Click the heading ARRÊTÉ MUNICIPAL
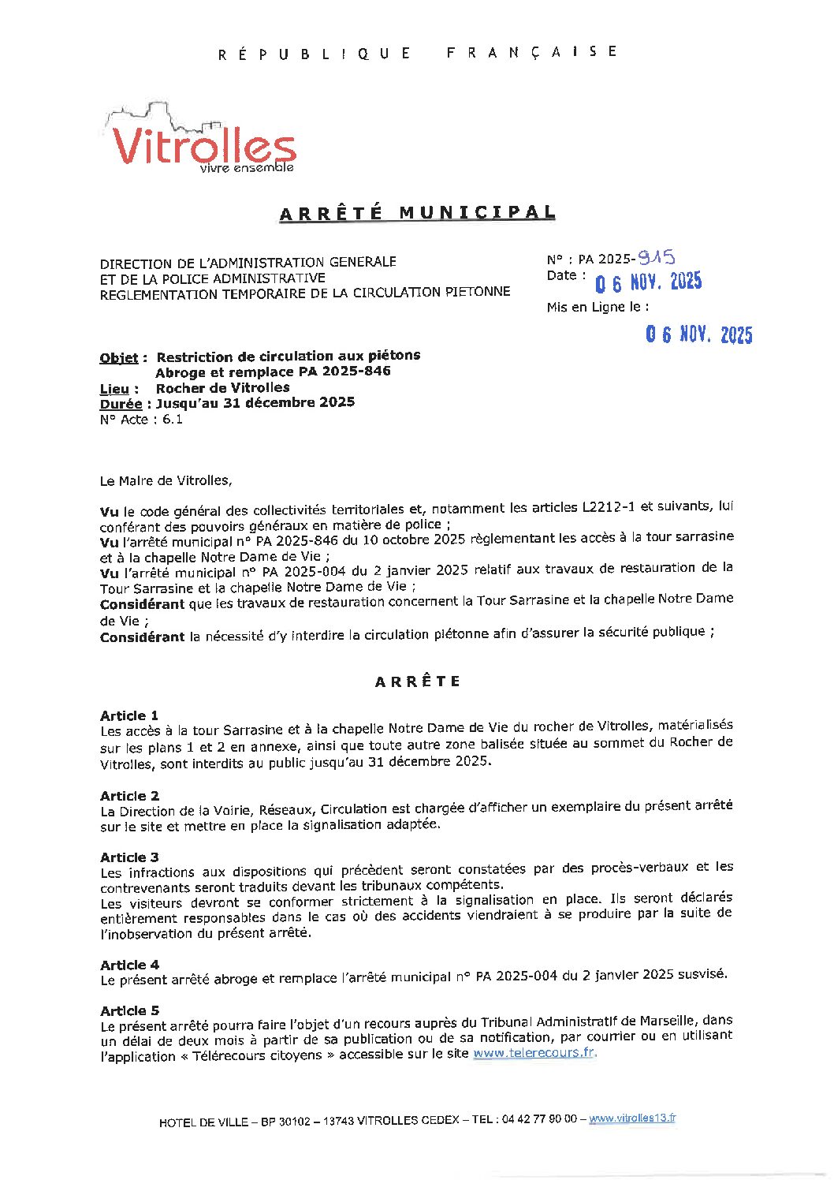pos(417,213)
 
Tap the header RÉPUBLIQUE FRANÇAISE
pos(417,53)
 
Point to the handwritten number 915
pos(656,256)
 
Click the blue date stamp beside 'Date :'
pos(648,282)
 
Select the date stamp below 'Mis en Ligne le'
pos(698,334)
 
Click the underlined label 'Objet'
pos(119,358)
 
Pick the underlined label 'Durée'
pos(121,404)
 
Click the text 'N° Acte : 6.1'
pos(141,420)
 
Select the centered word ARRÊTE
pos(417,681)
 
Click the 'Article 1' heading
pos(129,715)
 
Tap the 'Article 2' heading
pos(129,796)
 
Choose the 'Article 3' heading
pos(129,857)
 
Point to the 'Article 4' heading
pos(129,965)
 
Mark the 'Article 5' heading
pos(129,1010)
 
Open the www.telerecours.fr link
pos(534,1053)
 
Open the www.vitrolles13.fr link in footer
pos(632,1118)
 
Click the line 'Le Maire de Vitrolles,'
pos(166,480)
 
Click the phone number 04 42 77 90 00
pos(538,1119)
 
